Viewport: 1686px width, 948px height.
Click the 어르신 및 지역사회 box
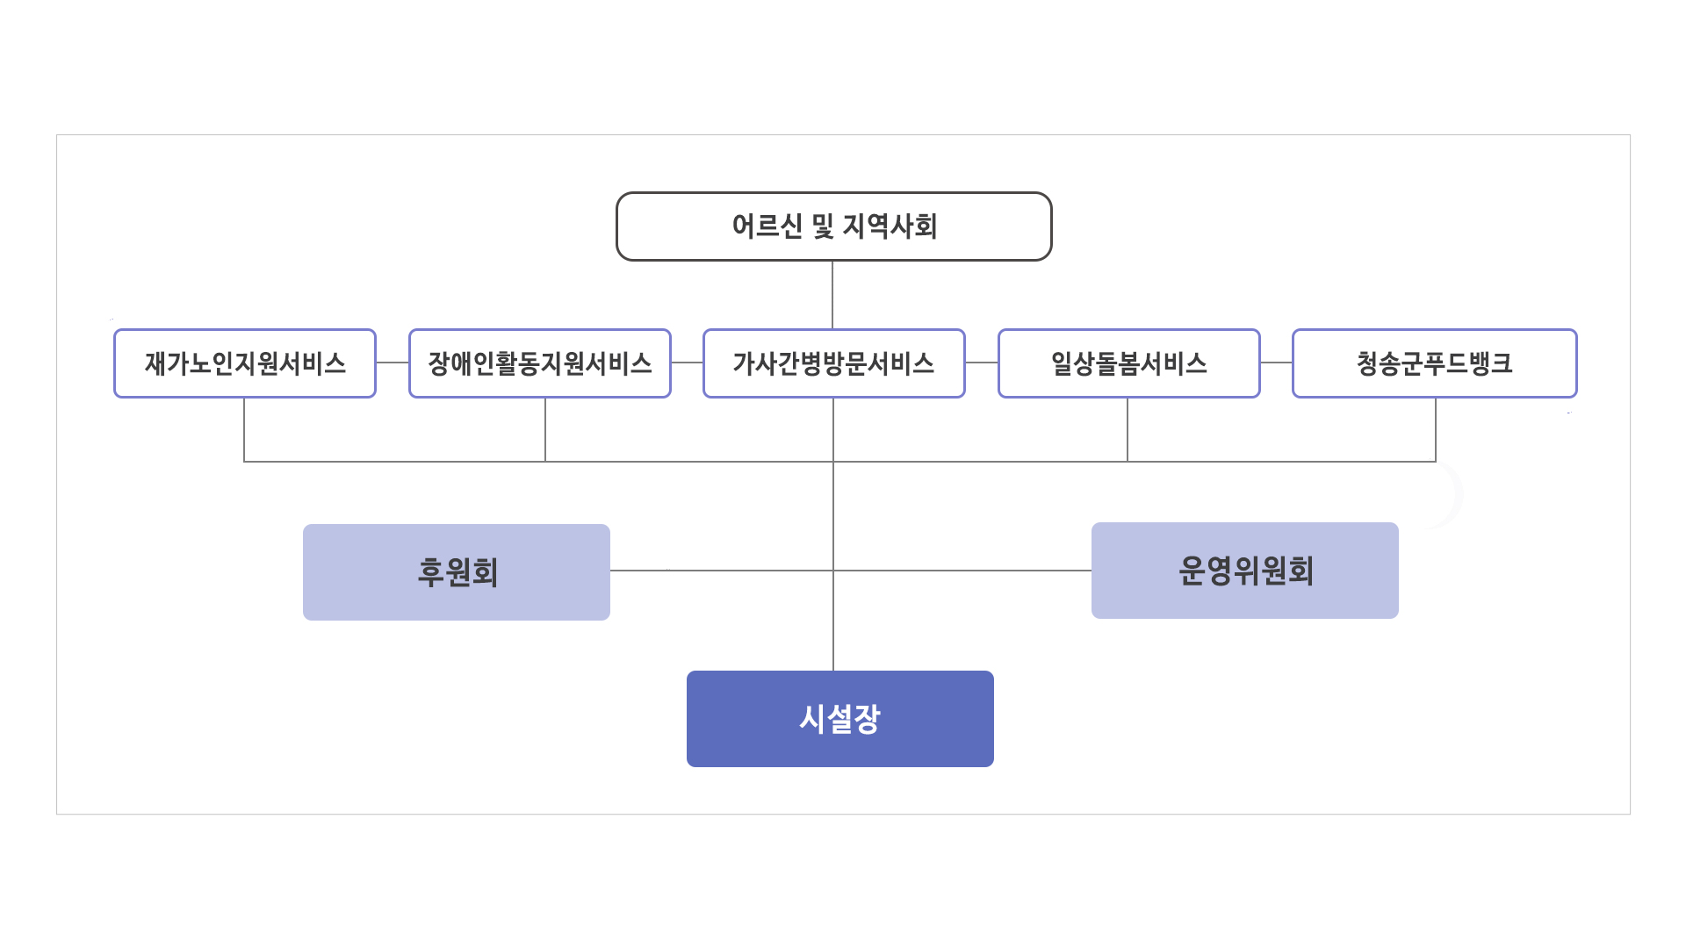click(833, 226)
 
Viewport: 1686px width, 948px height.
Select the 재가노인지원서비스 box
click(245, 363)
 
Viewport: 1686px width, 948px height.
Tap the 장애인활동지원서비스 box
click(540, 363)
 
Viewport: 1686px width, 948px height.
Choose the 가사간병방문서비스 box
click(833, 363)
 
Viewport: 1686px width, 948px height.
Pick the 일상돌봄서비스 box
click(1128, 363)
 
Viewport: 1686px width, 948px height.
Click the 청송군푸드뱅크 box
click(1434, 363)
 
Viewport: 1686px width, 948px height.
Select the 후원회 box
click(457, 572)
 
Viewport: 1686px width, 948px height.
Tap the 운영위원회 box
click(1244, 571)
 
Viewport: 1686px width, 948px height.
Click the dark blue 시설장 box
click(839, 719)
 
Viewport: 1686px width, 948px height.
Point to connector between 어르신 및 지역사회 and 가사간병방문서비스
click(832, 295)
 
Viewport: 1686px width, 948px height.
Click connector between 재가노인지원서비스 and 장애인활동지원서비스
click(393, 363)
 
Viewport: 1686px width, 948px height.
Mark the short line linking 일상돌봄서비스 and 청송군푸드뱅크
click(1276, 363)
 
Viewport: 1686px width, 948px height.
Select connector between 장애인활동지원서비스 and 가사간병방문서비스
click(687, 363)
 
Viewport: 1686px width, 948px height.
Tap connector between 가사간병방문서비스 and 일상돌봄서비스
click(982, 363)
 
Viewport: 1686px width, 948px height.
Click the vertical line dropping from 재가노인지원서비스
click(244, 429)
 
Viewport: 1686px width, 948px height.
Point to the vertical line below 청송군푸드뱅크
click(1436, 429)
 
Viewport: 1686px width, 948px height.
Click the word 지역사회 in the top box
click(890, 226)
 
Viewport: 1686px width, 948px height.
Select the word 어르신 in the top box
click(767, 226)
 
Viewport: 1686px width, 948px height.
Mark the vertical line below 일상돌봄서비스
click(1128, 429)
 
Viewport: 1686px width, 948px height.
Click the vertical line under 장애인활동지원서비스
click(545, 429)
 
